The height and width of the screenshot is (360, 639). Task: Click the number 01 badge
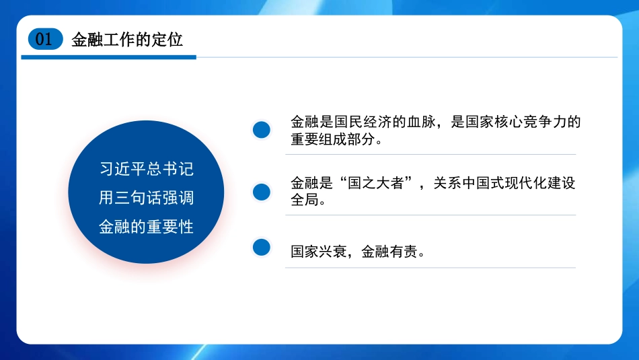44,40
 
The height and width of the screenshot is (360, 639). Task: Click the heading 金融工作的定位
127,40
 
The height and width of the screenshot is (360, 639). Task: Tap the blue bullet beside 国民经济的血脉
261,130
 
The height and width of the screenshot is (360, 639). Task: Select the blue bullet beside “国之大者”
261,192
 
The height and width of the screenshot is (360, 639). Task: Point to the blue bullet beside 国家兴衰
261,247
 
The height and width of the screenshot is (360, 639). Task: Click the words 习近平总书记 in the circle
147,168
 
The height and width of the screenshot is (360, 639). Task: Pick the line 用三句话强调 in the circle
147,198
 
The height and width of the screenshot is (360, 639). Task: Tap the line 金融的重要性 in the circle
147,227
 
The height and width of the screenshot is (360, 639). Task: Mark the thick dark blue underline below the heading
108,57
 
